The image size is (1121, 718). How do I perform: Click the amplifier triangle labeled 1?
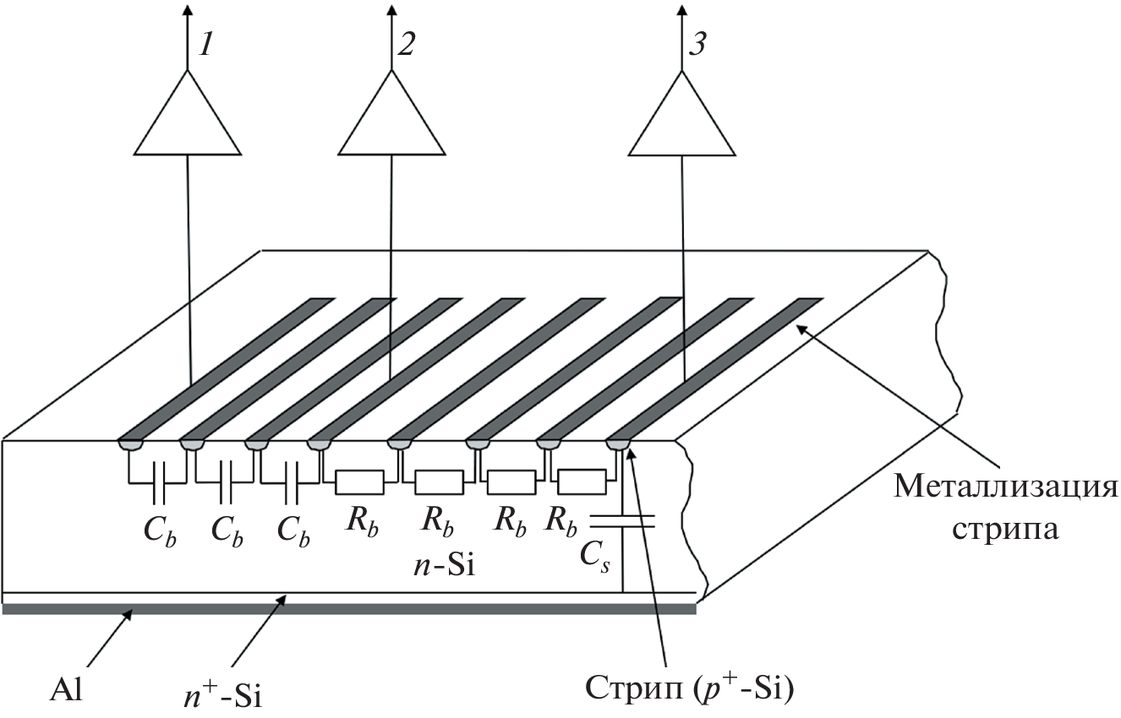click(188, 118)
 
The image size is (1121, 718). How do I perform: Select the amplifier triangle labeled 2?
click(391, 118)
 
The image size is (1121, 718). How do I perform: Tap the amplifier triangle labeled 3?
click(681, 118)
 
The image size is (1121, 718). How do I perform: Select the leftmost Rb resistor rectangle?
click(361, 482)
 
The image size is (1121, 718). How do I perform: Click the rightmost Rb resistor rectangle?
click(582, 482)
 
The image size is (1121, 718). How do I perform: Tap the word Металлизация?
click(1005, 487)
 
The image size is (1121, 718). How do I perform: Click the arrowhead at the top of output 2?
click(391, 12)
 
